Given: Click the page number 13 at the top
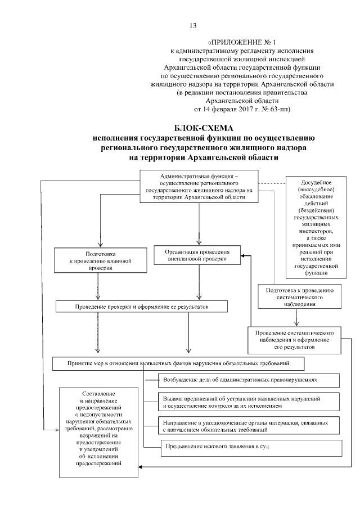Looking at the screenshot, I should [193, 26].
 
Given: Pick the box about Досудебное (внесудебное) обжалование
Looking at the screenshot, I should [318, 227].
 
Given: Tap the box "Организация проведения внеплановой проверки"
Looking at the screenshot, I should [197, 255].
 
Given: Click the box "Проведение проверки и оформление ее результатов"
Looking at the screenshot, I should [141, 307].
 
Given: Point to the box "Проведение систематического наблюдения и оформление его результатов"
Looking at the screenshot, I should [296, 338].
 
